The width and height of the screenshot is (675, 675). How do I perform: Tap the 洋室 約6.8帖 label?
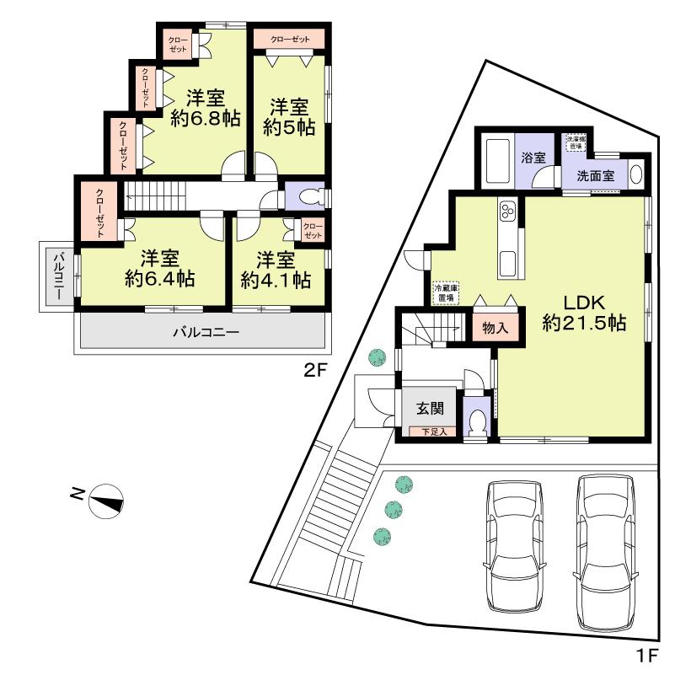click(x=206, y=108)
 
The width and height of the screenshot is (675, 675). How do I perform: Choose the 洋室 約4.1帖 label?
click(x=276, y=267)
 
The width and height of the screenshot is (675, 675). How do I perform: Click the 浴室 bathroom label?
click(x=533, y=158)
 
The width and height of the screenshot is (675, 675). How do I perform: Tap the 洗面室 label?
click(x=595, y=177)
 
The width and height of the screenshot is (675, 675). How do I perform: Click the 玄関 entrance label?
click(x=429, y=409)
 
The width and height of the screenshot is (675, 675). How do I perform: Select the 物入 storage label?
click(x=496, y=327)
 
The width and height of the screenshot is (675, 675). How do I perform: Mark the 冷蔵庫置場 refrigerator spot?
click(x=446, y=292)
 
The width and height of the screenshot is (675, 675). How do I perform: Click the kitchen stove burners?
click(x=509, y=210)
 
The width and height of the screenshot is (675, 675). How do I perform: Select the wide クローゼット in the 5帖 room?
click(x=289, y=40)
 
